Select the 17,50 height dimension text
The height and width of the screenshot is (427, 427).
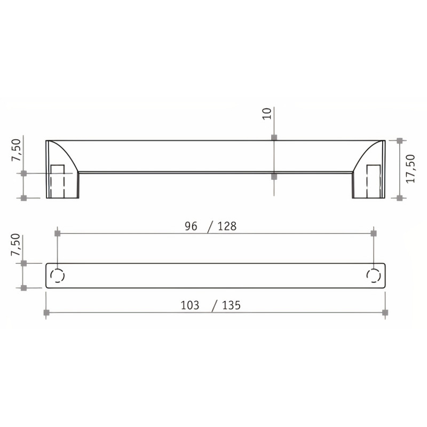pyautogui.click(x=410, y=169)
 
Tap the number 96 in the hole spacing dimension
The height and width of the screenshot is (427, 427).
pyautogui.click(x=191, y=226)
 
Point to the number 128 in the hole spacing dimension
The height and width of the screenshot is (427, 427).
pyautogui.click(x=227, y=226)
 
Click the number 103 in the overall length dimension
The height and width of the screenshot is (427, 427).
pyautogui.click(x=190, y=305)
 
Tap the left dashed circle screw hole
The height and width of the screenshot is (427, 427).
pyautogui.click(x=57, y=275)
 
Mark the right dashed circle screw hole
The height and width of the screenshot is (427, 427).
pyautogui.click(x=373, y=275)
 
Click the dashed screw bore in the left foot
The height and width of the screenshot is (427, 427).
pyautogui.click(x=57, y=181)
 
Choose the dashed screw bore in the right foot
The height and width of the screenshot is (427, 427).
pyautogui.click(x=374, y=181)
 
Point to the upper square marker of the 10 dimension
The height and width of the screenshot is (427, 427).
pyautogui.click(x=274, y=138)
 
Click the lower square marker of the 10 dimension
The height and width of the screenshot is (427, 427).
pyautogui.click(x=274, y=176)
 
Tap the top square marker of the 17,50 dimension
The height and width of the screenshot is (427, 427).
pyautogui.click(x=399, y=141)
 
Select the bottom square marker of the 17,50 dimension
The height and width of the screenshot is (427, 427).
pyautogui.click(x=399, y=198)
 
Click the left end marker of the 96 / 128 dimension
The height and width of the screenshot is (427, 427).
pyautogui.click(x=58, y=233)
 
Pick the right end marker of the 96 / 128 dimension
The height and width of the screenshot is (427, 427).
pyautogui.click(x=373, y=233)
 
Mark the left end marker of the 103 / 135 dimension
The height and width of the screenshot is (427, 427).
pyautogui.click(x=46, y=312)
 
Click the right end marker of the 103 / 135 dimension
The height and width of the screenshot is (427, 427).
pyautogui.click(x=385, y=312)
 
